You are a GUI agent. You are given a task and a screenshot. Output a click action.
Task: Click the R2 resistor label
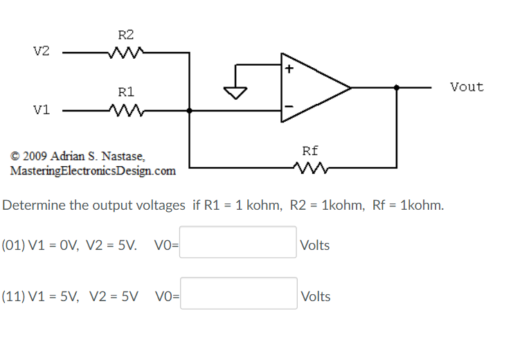pyautogui.click(x=126, y=35)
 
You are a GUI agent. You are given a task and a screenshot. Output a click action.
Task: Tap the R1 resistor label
pyautogui.click(x=126, y=91)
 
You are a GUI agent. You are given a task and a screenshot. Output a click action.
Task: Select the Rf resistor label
pyautogui.click(x=310, y=150)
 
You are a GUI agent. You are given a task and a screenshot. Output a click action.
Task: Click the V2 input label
pyautogui.click(x=42, y=52)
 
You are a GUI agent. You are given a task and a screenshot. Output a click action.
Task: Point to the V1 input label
pyautogui.click(x=42, y=110)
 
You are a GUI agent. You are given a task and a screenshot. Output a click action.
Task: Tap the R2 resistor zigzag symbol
pyautogui.click(x=125, y=52)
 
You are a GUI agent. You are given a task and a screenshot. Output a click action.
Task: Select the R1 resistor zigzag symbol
pyautogui.click(x=125, y=110)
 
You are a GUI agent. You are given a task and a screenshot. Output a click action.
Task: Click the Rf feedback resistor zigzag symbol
pyautogui.click(x=309, y=168)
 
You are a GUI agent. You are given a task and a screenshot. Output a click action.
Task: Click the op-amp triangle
pyautogui.click(x=312, y=87)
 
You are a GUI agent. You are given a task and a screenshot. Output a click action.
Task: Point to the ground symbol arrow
pyautogui.click(x=237, y=91)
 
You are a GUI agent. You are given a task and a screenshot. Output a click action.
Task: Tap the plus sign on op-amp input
pyautogui.click(x=289, y=69)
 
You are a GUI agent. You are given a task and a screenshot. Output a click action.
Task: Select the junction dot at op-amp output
pyautogui.click(x=397, y=87)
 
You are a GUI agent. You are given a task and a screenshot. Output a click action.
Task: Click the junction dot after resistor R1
pyautogui.click(x=190, y=110)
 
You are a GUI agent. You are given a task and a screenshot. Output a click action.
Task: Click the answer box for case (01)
pyautogui.click(x=238, y=242)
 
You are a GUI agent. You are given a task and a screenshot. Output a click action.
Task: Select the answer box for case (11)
pyautogui.click(x=238, y=294)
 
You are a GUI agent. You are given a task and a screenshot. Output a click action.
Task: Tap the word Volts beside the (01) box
pyautogui.click(x=315, y=245)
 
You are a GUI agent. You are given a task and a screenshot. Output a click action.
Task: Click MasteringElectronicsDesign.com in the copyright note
pyautogui.click(x=93, y=170)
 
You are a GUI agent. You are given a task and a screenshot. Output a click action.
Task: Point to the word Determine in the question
pyautogui.click(x=33, y=206)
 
